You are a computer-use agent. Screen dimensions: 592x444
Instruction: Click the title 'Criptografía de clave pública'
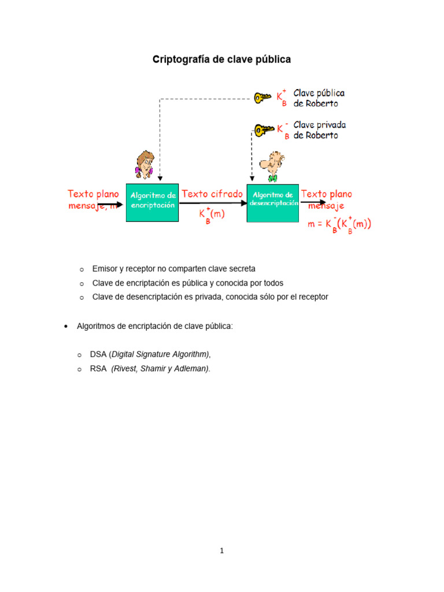221,60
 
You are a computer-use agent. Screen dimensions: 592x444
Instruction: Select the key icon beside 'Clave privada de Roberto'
263,131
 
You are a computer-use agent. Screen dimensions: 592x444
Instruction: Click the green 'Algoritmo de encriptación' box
153,201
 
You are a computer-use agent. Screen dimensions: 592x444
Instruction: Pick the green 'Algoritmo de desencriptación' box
273,202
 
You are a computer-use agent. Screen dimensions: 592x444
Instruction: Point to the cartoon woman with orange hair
144,164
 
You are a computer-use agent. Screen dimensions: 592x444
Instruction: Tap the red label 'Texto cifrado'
212,194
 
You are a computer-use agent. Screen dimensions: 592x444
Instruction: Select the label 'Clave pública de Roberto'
319,98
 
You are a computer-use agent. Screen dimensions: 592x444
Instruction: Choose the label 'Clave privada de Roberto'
320,130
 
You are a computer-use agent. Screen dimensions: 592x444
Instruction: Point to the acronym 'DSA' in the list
98,354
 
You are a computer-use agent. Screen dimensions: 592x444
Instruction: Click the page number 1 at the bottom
221,550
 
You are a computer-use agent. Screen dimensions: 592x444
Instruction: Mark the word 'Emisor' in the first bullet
104,269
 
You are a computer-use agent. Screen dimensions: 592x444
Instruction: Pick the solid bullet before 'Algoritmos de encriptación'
65,327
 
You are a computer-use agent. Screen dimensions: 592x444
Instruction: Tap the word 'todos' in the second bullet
273,283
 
